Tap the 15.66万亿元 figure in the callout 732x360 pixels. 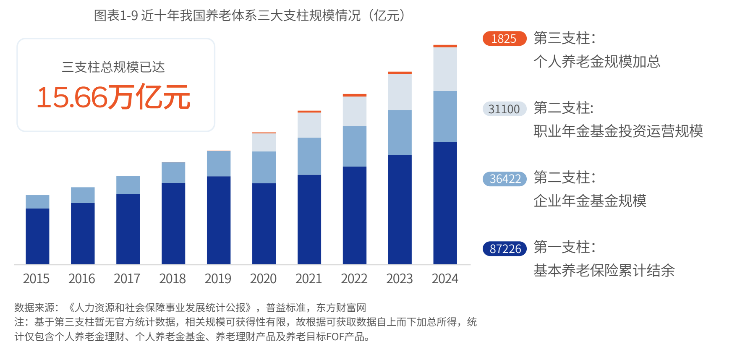(x=113, y=97)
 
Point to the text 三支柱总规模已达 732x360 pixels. (x=113, y=67)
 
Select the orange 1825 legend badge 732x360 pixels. (x=504, y=39)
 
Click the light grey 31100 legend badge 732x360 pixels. (x=504, y=109)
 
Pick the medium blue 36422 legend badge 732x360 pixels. (x=505, y=179)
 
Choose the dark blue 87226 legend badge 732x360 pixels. (x=505, y=249)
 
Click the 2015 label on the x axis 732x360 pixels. (x=36, y=279)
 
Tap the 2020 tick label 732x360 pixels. (x=263, y=279)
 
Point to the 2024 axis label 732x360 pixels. (x=445, y=279)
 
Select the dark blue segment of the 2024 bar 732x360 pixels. (x=445, y=203)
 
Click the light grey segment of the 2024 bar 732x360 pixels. (x=445, y=69)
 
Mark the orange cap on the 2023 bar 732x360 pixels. (x=400, y=73)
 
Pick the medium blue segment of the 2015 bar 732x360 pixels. (x=37, y=202)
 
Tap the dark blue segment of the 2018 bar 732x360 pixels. (x=173, y=223)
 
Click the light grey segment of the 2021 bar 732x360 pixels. (x=309, y=125)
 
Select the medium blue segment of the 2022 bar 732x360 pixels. (x=355, y=146)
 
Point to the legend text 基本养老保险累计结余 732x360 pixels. (x=604, y=271)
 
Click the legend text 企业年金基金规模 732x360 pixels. (x=590, y=201)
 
